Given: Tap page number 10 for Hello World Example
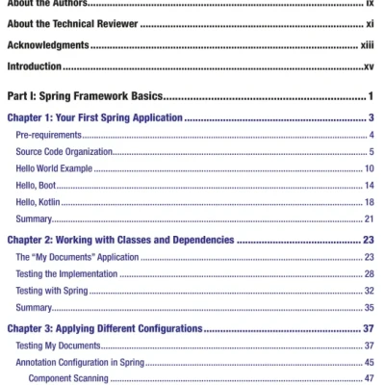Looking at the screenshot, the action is click(x=370, y=169).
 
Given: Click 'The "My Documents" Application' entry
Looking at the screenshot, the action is click(x=76, y=257).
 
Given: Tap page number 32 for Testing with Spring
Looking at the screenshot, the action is click(x=370, y=291).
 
